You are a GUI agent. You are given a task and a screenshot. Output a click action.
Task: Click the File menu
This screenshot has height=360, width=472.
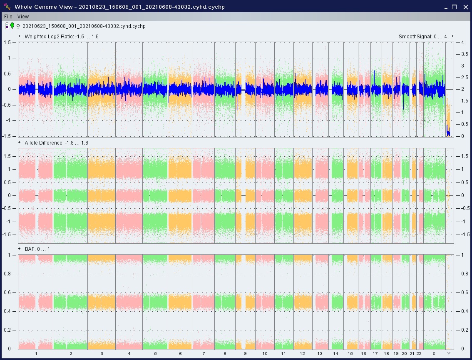[x=8, y=17]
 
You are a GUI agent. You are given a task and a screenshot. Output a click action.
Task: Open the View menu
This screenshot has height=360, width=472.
[x=23, y=17]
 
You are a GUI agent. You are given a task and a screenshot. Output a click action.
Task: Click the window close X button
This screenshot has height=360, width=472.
[x=465, y=7]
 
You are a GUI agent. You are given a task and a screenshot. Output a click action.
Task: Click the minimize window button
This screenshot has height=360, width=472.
[x=446, y=7]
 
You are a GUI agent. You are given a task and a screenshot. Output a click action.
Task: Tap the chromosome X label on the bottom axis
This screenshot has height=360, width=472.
[x=434, y=353]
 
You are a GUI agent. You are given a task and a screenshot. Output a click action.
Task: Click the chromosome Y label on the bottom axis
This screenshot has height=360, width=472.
[x=449, y=353]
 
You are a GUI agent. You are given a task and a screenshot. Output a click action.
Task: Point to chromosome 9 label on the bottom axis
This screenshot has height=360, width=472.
[x=245, y=353]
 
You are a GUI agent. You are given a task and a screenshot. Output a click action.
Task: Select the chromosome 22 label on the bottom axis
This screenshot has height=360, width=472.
[x=419, y=353]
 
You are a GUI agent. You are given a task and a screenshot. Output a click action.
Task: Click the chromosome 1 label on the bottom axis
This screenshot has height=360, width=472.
[x=36, y=353]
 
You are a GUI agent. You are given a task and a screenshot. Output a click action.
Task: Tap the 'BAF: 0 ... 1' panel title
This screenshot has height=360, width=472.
[x=37, y=249]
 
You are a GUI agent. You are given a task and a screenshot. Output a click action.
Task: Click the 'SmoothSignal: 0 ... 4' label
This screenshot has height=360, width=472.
[x=422, y=36]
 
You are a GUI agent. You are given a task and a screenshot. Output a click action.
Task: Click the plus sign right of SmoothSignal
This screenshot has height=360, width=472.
[x=452, y=36]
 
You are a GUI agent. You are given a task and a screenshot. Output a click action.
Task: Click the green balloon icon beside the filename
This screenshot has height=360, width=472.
[x=12, y=25]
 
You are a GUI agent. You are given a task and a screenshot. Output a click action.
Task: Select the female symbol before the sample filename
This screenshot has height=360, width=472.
[x=18, y=27]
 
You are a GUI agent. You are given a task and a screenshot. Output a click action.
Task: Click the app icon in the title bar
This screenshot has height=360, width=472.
[x=7, y=6]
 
